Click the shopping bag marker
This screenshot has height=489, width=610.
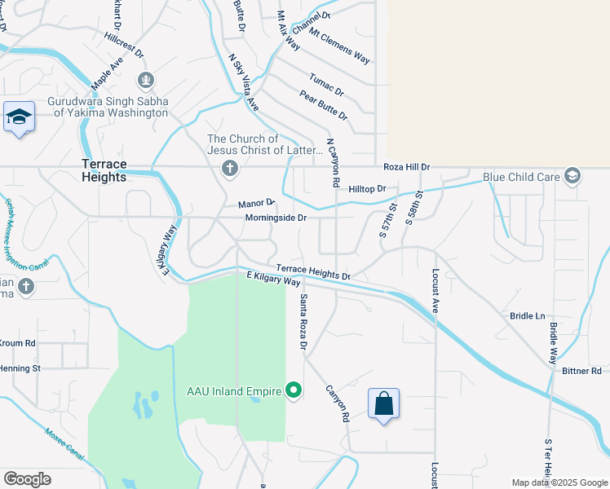[383, 403]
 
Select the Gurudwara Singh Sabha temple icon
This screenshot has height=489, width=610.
[146, 80]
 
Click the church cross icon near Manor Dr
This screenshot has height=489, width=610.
[230, 169]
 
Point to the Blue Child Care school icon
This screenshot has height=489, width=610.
[572, 176]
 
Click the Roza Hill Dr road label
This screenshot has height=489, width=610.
[406, 166]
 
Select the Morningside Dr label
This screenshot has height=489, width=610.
[276, 218]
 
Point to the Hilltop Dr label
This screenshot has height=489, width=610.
[367, 188]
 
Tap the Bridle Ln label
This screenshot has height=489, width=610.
[527, 315]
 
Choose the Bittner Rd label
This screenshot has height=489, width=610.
[581, 371]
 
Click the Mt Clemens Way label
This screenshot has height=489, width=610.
[340, 49]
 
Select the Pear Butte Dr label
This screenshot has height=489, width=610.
[324, 105]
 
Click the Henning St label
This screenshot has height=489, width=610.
[20, 368]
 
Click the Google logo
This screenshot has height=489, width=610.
[27, 479]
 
